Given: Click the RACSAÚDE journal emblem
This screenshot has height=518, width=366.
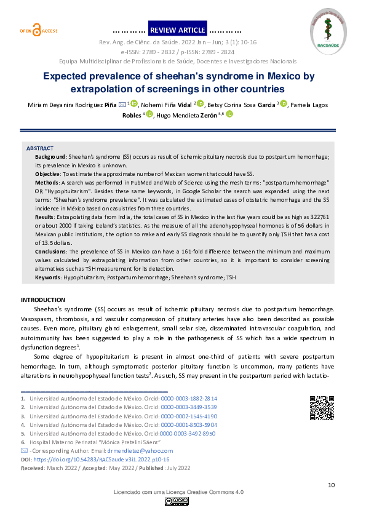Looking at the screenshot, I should tap(327, 28).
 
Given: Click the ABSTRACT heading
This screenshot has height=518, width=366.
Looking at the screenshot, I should tap(39, 148).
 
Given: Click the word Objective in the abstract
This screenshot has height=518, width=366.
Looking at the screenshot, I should tap(48, 175).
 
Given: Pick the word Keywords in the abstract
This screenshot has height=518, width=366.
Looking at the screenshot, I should tap(48, 278).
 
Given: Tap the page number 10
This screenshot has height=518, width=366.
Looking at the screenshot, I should tap(331, 485).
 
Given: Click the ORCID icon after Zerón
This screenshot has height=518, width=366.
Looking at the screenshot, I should tap(229, 114).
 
